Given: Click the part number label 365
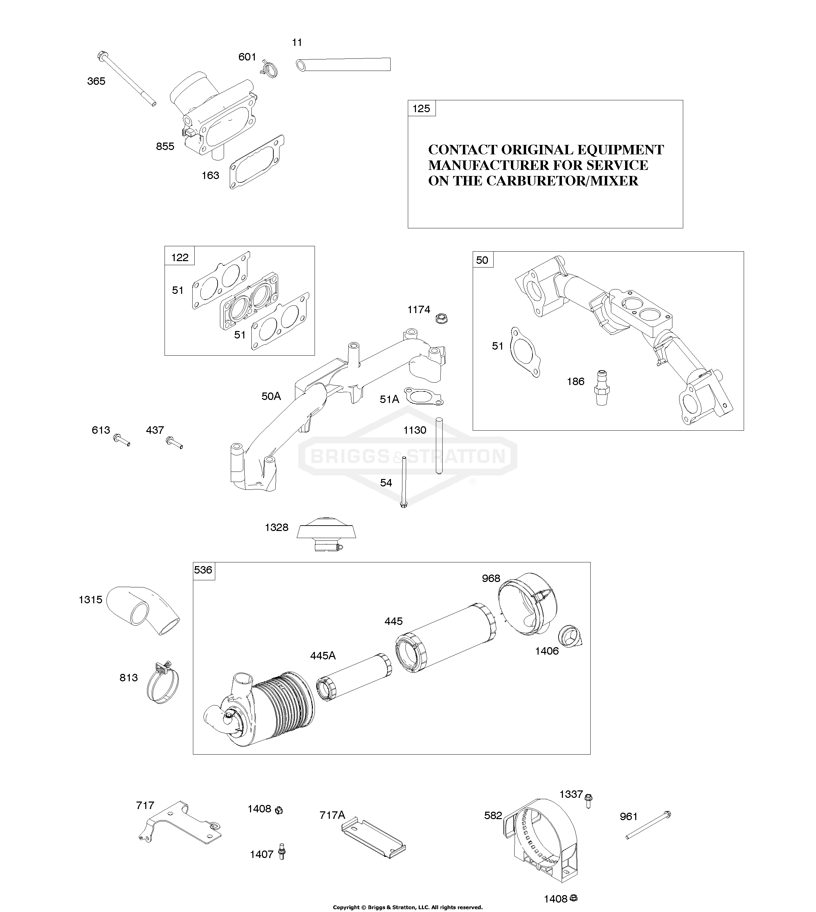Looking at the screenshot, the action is (x=96, y=81).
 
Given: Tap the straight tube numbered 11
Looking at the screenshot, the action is (x=343, y=64).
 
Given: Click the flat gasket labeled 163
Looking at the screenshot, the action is (x=257, y=162).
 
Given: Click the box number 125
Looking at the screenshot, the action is (x=421, y=108).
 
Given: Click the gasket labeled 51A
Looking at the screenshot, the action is (x=424, y=396).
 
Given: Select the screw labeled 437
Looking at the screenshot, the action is (x=174, y=442).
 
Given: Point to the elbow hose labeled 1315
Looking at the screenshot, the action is (x=144, y=610).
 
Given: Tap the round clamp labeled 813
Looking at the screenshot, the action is (x=162, y=683).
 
